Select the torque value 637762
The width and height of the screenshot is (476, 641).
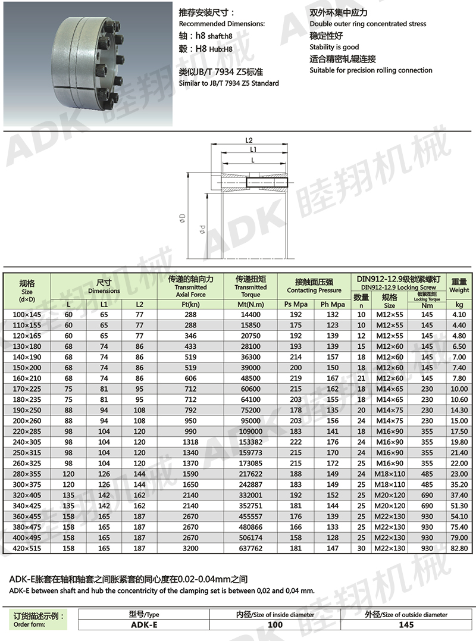(x=250, y=548)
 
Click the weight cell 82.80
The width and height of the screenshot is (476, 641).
(x=459, y=548)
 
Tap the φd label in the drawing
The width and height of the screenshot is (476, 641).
(x=202, y=229)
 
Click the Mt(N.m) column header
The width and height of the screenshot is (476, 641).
(x=250, y=304)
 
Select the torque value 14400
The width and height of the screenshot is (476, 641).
(x=250, y=313)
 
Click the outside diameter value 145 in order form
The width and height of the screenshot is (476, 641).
(x=406, y=625)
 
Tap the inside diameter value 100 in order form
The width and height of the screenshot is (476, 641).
(x=275, y=625)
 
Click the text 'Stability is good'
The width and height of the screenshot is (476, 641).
(x=334, y=47)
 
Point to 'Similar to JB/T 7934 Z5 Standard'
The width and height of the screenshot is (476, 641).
(x=229, y=83)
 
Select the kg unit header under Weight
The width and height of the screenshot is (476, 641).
(x=459, y=304)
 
